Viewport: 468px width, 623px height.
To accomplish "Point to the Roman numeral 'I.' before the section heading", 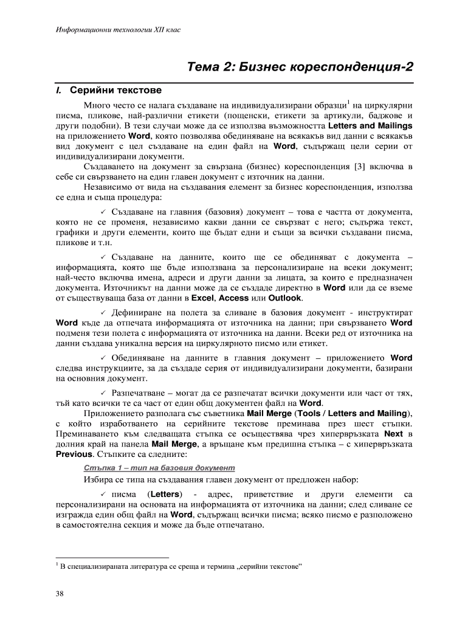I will (59, 91).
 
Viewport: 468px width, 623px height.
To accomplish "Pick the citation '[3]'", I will (359, 167).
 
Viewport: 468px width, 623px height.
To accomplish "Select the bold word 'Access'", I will (234, 298).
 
